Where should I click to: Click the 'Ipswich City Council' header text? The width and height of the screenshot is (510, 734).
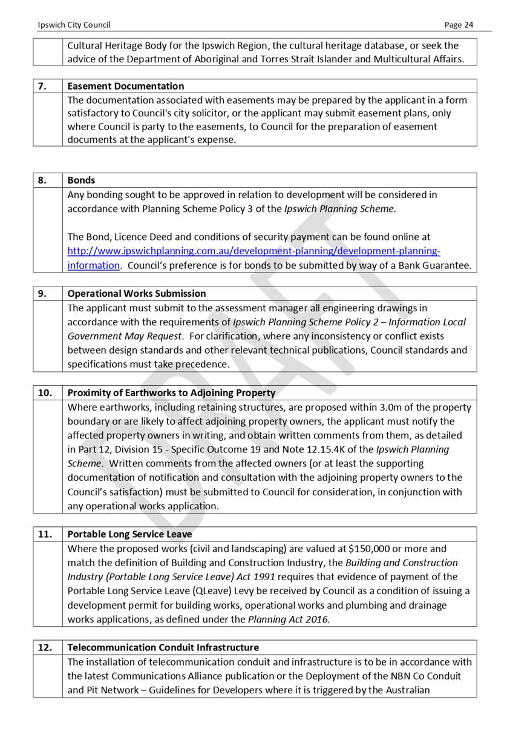(x=74, y=25)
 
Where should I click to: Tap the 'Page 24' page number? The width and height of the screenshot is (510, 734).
(x=459, y=25)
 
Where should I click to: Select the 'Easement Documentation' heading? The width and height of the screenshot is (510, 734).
(x=125, y=86)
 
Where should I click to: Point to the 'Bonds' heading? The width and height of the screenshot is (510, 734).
(x=81, y=180)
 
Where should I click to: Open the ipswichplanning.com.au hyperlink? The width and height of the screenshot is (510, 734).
(x=253, y=251)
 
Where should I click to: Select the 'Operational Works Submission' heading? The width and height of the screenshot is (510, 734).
(x=136, y=293)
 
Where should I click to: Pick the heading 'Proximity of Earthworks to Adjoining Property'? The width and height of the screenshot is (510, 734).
(x=171, y=392)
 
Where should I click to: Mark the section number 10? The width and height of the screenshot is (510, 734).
(x=44, y=392)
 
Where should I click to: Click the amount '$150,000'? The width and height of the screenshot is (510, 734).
(x=370, y=549)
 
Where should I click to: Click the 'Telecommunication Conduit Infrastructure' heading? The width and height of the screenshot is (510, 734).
(x=163, y=647)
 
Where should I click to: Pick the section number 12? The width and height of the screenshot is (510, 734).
(x=44, y=647)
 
